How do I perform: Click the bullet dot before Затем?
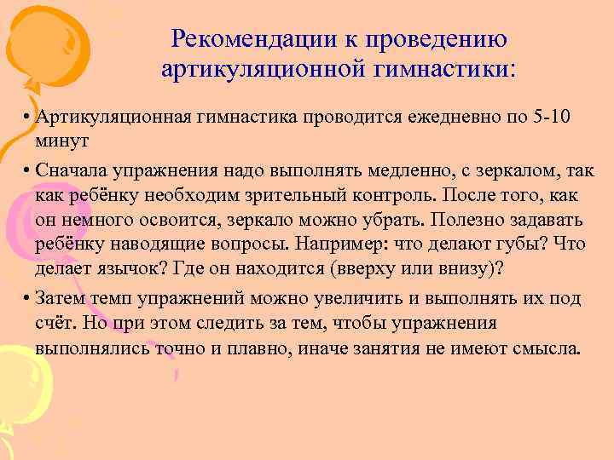point(28,298)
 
